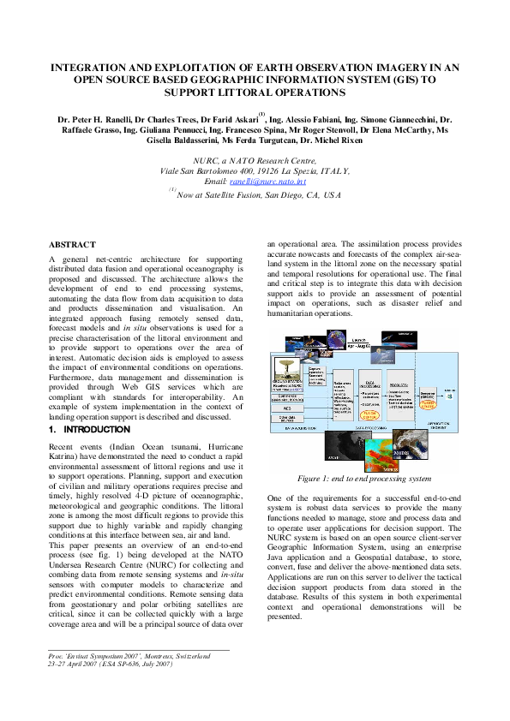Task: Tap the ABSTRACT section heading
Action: point(73,245)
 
